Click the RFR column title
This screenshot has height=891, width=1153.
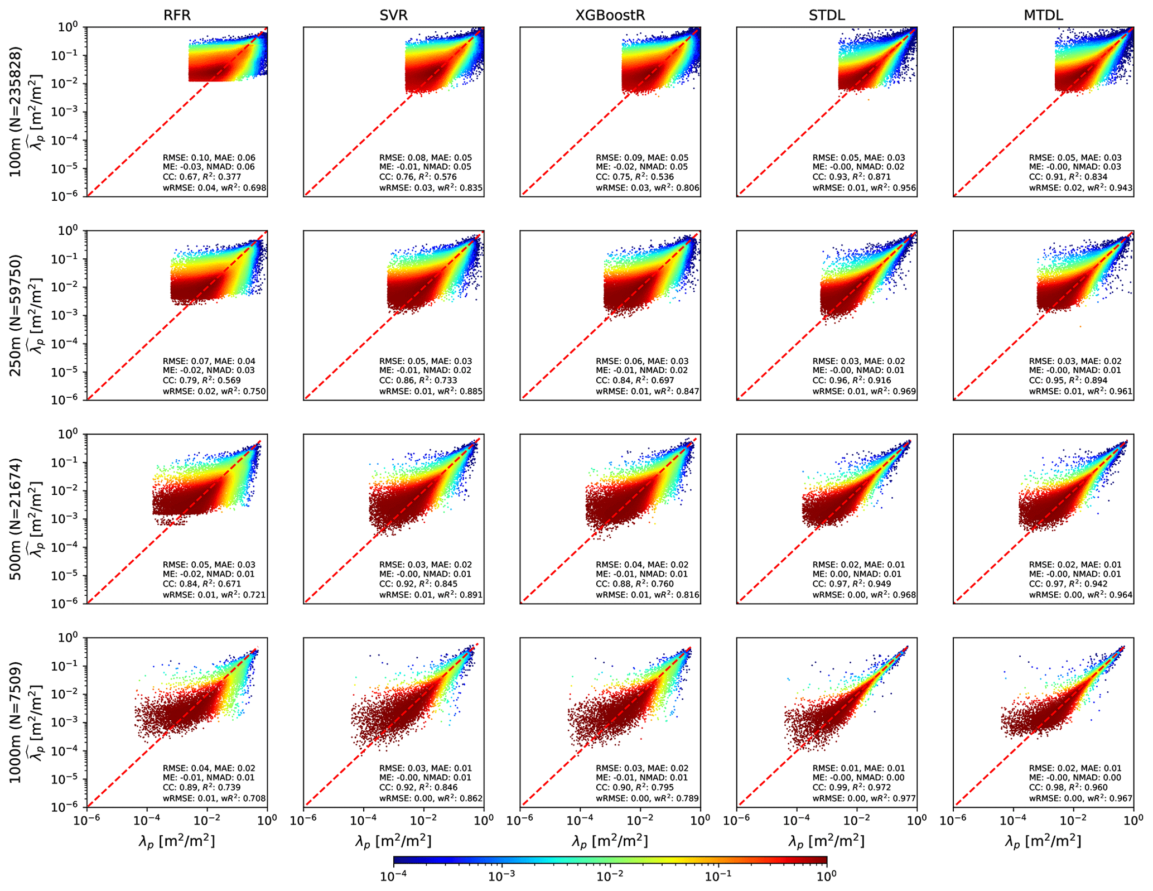(x=177, y=15)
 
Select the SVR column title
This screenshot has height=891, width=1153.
(x=393, y=15)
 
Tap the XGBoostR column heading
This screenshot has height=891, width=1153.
(x=610, y=15)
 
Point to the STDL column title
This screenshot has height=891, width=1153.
(x=826, y=15)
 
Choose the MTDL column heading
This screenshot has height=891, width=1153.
(x=1043, y=15)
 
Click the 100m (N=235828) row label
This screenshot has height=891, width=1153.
(x=16, y=112)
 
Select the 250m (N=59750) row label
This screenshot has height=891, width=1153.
(x=16, y=315)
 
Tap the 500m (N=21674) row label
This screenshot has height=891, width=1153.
(x=16, y=519)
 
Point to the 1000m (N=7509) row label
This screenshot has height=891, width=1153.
(x=16, y=723)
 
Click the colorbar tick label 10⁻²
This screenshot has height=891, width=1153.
(x=609, y=876)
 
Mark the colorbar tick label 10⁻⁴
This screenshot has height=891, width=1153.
(x=393, y=876)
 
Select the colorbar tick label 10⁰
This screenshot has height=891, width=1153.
(x=826, y=876)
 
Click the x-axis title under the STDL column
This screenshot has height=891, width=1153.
(x=826, y=841)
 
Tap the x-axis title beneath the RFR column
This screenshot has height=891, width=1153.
(x=177, y=841)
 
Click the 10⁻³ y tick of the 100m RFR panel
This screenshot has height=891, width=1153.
(x=71, y=112)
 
